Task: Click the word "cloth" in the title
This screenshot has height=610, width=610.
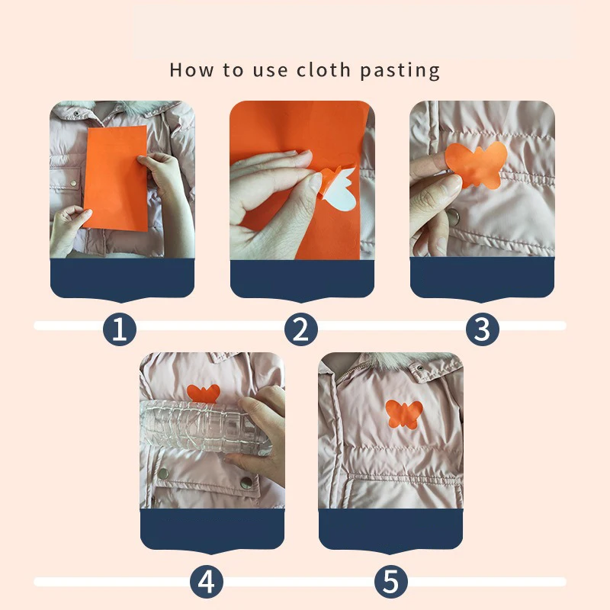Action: tap(323, 70)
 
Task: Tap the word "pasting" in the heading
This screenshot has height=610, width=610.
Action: tap(400, 71)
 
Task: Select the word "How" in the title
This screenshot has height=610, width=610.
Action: tap(191, 70)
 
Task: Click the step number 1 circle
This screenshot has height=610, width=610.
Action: tap(120, 329)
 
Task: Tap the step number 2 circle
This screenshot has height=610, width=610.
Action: tap(300, 329)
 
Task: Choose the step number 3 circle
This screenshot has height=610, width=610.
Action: tap(483, 329)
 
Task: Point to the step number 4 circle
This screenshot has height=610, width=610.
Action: tap(207, 582)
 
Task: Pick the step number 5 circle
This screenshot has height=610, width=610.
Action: tap(391, 582)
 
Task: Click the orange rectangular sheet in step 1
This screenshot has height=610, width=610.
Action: tap(116, 178)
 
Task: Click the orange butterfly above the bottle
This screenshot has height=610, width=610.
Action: tap(204, 393)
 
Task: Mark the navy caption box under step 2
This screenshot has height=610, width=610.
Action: tap(302, 280)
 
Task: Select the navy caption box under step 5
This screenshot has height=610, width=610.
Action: tap(390, 530)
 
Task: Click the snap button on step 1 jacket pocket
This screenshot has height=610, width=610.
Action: tap(73, 183)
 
